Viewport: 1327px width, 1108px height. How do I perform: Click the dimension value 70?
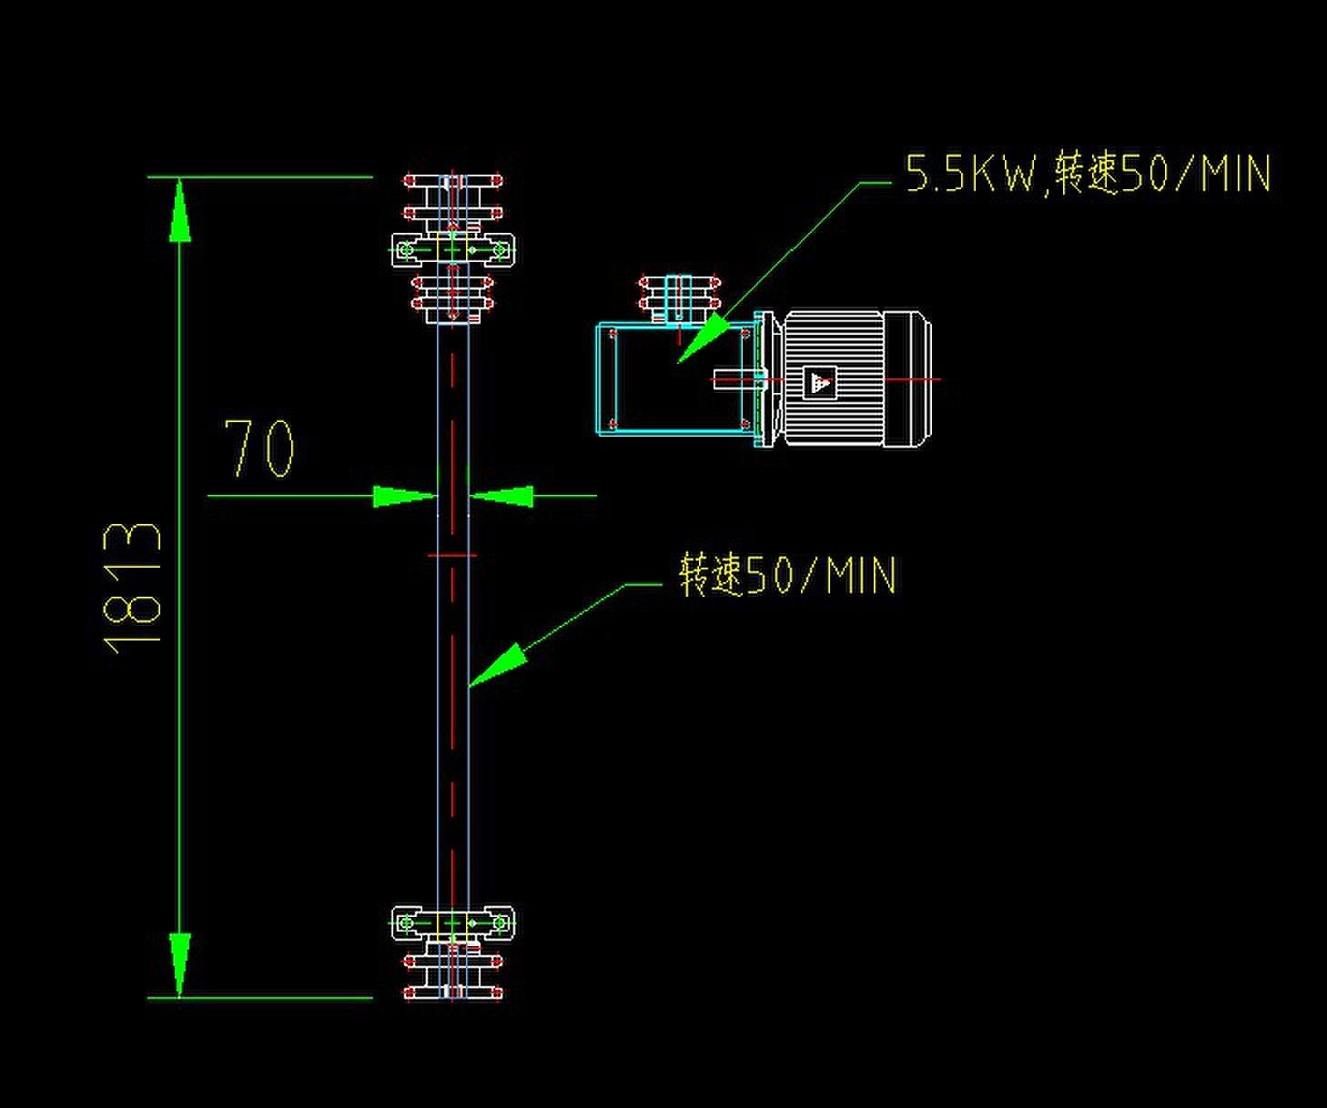click(x=260, y=448)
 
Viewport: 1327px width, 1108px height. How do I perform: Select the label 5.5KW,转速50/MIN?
click(x=1087, y=173)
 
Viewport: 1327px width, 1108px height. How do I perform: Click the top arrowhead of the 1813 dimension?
click(x=180, y=211)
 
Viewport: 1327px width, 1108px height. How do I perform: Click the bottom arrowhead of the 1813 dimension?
click(x=180, y=964)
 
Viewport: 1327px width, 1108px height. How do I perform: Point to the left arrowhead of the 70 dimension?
click(x=404, y=496)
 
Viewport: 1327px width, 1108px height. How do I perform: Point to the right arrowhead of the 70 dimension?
click(x=502, y=496)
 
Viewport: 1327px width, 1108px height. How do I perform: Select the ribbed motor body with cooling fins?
click(x=833, y=378)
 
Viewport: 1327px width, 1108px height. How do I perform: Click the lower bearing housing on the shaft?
click(x=453, y=924)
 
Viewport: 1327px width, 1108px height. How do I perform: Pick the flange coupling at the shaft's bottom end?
click(x=453, y=975)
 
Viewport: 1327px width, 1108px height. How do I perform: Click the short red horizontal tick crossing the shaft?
click(x=451, y=554)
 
